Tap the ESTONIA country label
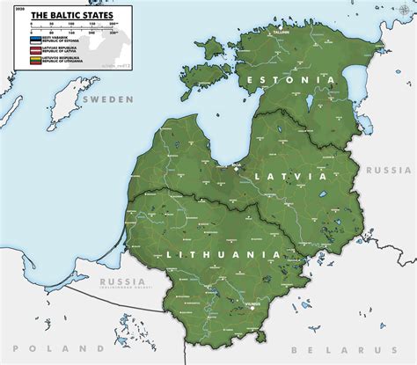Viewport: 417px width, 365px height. tap(291, 80)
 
